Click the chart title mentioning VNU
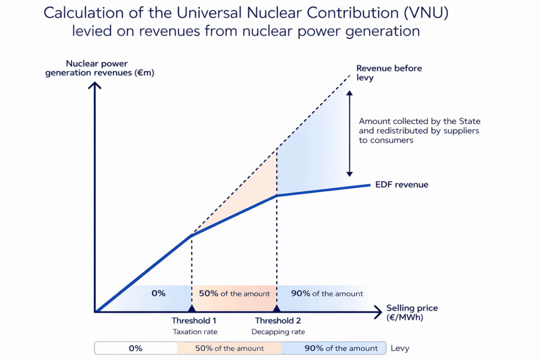coord(246,22)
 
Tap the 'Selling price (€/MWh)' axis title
coord(412,313)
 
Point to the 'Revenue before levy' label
coord(389,72)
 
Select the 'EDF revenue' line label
coord(402,185)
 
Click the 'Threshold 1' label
coord(194,320)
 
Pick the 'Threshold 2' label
coord(278,320)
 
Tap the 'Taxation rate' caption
coord(195,332)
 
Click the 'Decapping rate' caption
coord(278,332)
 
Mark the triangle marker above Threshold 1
coord(191,308)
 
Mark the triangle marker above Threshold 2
coord(276,308)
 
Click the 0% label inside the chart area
coord(158,293)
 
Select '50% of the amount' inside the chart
coord(234,293)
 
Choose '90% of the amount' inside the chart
coord(327,293)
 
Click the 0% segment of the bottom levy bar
coord(136,348)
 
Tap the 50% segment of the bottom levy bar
coord(229,348)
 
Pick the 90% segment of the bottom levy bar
coord(334,348)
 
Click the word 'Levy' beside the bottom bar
coord(399,348)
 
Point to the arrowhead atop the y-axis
coord(95,83)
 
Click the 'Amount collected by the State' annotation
coord(419,131)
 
